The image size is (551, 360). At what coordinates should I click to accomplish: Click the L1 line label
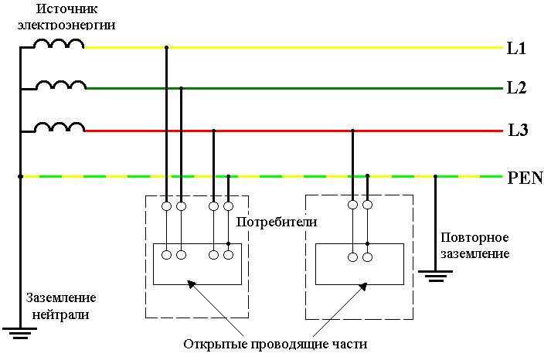[x=516, y=49]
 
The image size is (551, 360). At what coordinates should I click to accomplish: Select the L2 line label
[x=516, y=88]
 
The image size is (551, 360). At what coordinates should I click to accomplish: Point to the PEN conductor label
[x=525, y=178]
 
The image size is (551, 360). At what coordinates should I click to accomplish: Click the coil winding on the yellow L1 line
[x=60, y=44]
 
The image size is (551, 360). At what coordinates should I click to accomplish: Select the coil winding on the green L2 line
[x=61, y=85]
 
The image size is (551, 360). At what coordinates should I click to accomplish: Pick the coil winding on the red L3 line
[x=61, y=127]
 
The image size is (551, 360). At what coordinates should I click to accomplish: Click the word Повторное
[x=474, y=237]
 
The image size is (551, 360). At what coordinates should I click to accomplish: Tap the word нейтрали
[x=61, y=314]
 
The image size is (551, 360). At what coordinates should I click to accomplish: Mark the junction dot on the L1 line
[x=166, y=48]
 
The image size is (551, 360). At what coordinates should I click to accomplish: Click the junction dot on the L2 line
[x=181, y=88]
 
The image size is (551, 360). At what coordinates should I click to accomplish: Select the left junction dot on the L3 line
[x=213, y=131]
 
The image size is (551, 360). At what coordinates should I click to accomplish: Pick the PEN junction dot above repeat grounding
[x=435, y=177]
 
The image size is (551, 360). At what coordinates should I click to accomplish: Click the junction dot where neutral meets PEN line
[x=21, y=177]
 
